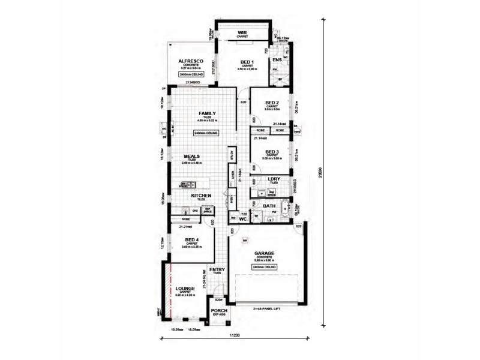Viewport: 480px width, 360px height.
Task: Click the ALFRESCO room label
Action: (193, 62)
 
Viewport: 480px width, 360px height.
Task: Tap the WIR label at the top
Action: (242, 33)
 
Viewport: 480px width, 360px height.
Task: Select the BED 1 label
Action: (247, 62)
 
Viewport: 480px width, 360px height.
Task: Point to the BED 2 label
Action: (272, 103)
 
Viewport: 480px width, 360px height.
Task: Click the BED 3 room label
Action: (272, 152)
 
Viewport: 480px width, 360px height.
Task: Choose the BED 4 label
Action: (193, 240)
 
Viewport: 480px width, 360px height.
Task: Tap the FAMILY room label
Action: (207, 113)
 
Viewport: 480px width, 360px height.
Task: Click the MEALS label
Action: (191, 157)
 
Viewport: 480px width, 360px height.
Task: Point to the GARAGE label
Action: (264, 254)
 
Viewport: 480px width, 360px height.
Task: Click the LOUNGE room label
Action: (185, 289)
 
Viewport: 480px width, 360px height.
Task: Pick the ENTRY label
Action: (217, 270)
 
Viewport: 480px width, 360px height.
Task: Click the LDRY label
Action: (275, 179)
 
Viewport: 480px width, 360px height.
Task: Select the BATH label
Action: (269, 206)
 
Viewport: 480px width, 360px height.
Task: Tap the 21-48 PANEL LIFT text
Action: (264, 310)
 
